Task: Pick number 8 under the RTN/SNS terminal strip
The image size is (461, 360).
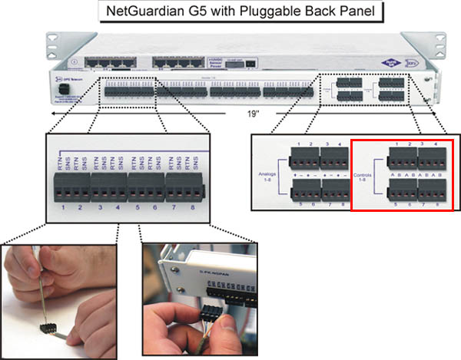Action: tap(196, 207)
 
